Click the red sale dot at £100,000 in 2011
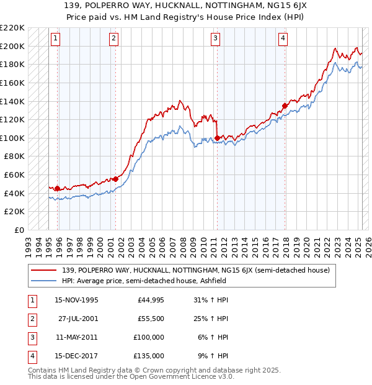pyautogui.click(x=218, y=138)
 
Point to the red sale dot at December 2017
pyautogui.click(x=285, y=106)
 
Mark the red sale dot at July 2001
pyautogui.click(x=115, y=179)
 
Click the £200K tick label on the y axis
pyautogui.click(x=13, y=46)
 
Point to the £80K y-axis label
pyautogui.click(x=15, y=156)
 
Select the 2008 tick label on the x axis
pyautogui.click(x=182, y=243)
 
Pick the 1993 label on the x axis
pyautogui.click(x=28, y=243)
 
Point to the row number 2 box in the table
pyautogui.click(x=30, y=319)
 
